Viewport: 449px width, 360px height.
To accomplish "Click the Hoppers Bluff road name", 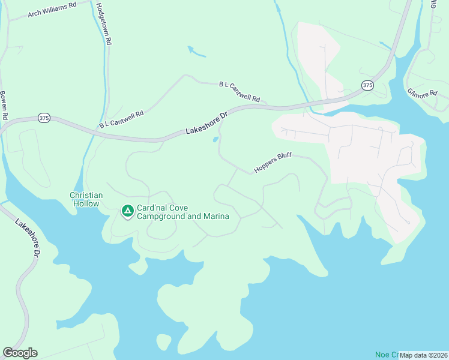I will [272, 161].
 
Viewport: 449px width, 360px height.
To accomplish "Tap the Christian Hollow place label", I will [86, 200].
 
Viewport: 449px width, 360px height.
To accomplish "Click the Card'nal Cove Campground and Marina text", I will [183, 212].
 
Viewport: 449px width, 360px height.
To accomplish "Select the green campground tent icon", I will [127, 212].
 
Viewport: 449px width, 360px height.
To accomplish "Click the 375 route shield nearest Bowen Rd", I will [43, 118].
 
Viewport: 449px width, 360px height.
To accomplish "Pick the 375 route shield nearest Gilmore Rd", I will [367, 86].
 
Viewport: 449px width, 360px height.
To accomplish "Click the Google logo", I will [20, 353].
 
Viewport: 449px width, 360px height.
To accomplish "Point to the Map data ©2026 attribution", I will [423, 355].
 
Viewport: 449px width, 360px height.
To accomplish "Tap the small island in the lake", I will [163, 341].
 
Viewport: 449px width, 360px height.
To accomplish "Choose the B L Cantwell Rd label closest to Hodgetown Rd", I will [122, 119].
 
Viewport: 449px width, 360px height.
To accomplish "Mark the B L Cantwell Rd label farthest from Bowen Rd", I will [240, 91].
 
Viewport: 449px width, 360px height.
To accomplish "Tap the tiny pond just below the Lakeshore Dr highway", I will [215, 140].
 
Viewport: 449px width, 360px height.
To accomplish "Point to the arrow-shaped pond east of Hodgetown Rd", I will [196, 52].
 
